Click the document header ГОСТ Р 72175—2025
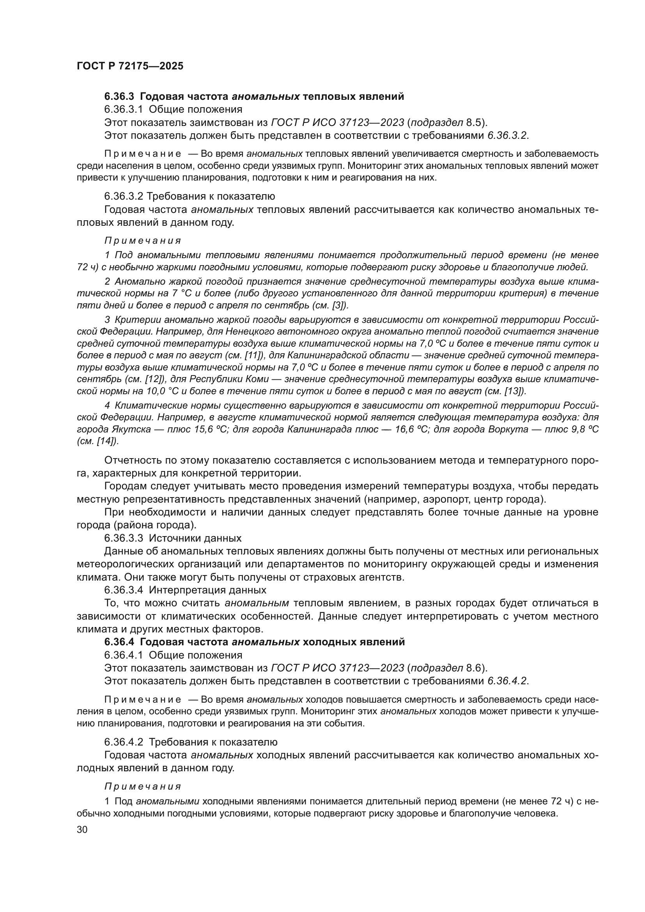130,66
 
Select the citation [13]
515,391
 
